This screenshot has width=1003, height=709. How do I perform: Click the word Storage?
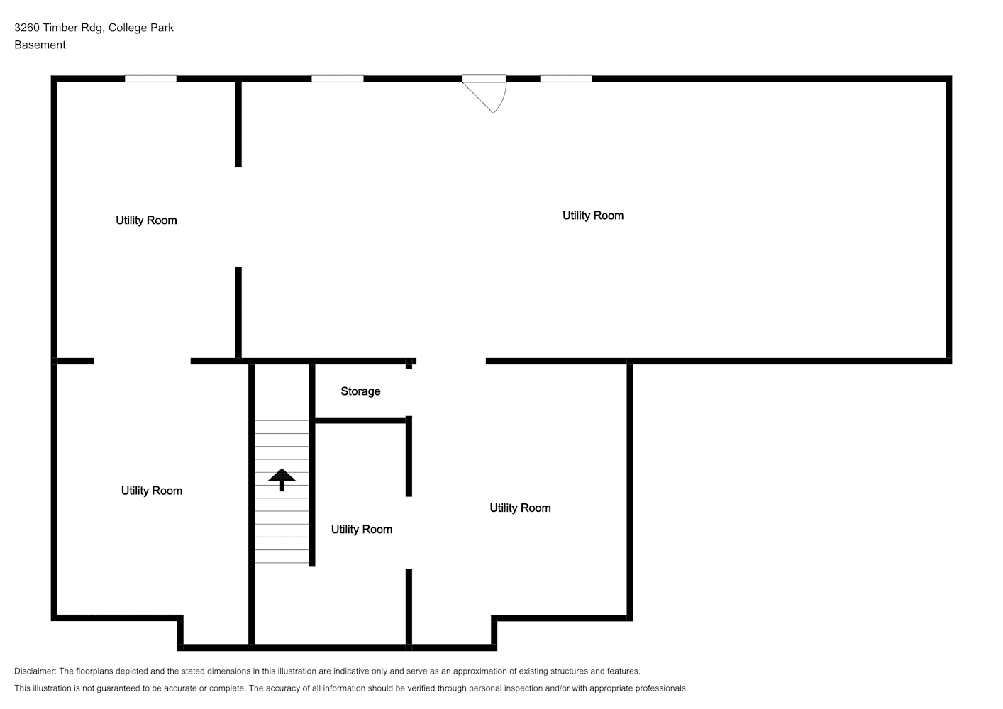click(x=360, y=391)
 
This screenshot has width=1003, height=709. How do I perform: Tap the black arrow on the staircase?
click(x=282, y=480)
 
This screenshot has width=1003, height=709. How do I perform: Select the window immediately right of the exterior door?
click(x=566, y=79)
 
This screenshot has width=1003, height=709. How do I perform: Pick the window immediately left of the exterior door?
click(x=337, y=79)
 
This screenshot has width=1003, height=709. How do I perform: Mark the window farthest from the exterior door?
click(x=150, y=79)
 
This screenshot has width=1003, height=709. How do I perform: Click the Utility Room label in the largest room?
click(x=593, y=216)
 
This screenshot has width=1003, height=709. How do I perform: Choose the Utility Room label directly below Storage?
click(x=361, y=530)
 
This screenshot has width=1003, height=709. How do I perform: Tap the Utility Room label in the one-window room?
click(x=146, y=220)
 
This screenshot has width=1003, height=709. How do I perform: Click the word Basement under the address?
click(x=40, y=45)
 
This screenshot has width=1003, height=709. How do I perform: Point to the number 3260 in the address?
click(x=27, y=28)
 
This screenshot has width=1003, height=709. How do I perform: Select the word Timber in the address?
click(x=60, y=28)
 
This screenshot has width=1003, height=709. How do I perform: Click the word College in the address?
click(x=128, y=28)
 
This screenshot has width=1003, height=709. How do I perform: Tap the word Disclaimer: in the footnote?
click(x=35, y=671)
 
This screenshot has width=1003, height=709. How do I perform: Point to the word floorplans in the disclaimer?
click(x=96, y=671)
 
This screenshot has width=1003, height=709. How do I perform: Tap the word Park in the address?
click(x=162, y=28)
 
